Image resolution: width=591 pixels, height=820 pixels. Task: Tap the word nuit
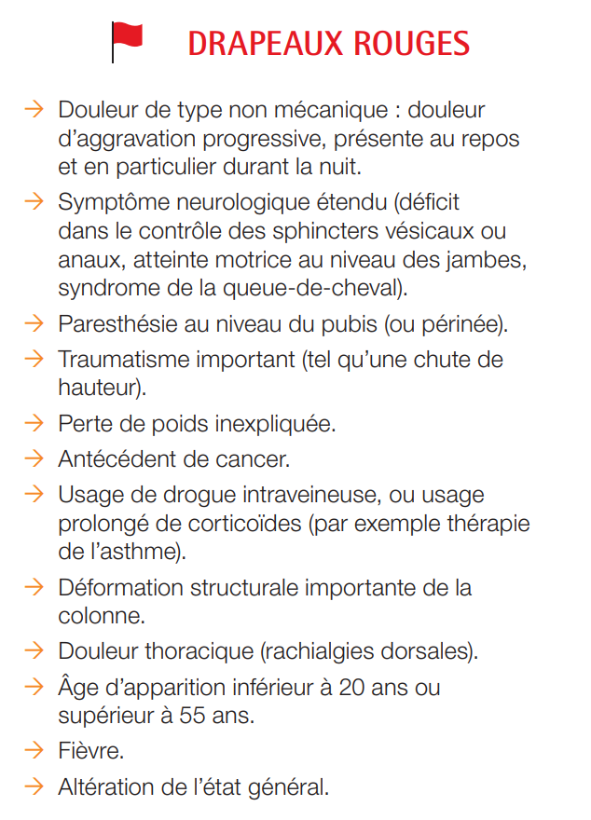tap(310, 168)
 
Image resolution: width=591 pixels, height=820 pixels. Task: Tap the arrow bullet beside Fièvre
tap(34, 750)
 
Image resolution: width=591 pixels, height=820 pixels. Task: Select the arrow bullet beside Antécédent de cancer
tap(34, 458)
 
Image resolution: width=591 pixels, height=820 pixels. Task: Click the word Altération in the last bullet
tap(103, 786)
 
